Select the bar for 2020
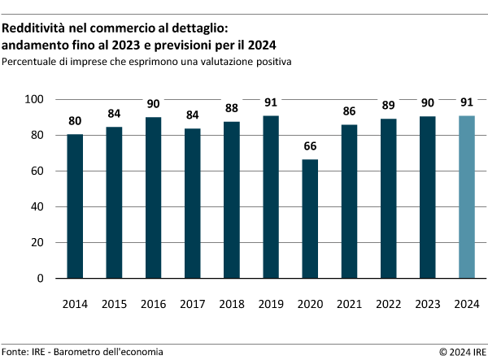(x=309, y=219)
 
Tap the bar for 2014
(x=75, y=206)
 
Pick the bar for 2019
(x=270, y=197)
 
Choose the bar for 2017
(x=192, y=203)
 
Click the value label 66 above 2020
(x=309, y=147)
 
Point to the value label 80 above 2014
(x=75, y=122)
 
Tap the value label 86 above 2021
(x=348, y=112)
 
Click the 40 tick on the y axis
(x=37, y=206)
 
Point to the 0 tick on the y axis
(x=41, y=278)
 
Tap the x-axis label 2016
(x=153, y=304)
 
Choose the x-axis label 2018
(x=231, y=304)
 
